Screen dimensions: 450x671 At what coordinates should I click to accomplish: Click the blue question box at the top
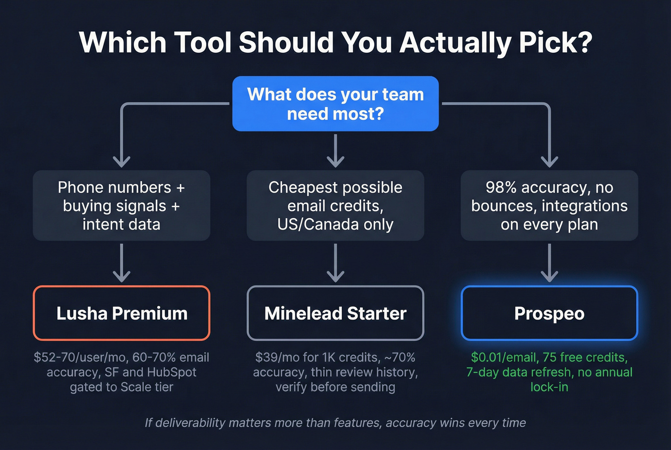335,104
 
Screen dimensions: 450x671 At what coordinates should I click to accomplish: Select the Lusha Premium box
122,313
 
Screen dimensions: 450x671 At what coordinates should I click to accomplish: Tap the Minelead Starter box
335,313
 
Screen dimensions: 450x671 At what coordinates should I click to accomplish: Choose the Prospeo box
549,313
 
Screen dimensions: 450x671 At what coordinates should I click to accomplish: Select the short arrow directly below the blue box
335,151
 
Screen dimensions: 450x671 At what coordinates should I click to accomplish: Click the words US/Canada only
335,224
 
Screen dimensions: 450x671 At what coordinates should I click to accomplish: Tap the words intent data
122,224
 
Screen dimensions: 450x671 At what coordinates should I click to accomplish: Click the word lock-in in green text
549,387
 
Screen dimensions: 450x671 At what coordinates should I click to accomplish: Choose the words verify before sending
335,387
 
